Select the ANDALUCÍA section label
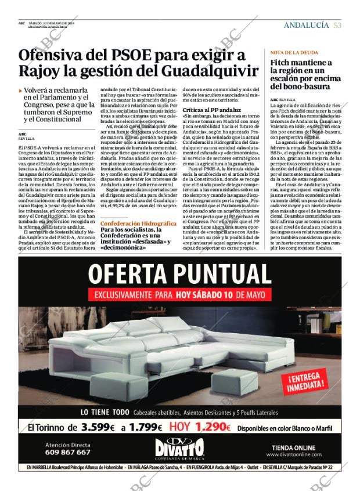tap(306, 26)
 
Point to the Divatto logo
tap(179, 448)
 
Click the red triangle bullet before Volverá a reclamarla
tap(20, 91)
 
